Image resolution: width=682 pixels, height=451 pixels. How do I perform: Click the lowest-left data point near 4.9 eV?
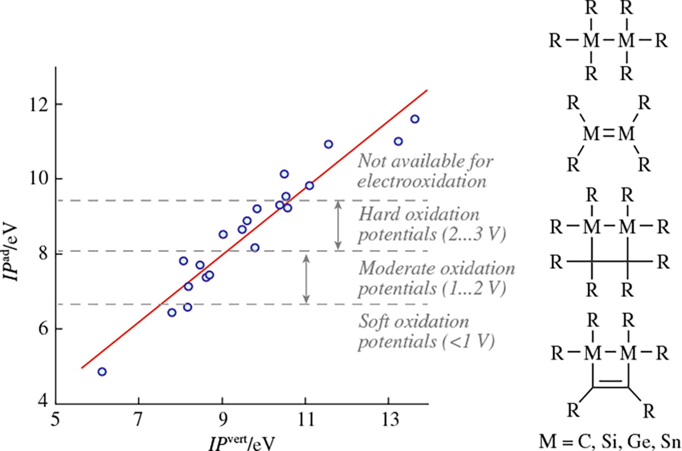coord(102,372)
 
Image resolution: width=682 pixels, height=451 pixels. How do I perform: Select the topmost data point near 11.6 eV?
coord(415,119)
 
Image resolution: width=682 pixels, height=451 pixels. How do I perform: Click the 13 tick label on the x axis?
coord(388,422)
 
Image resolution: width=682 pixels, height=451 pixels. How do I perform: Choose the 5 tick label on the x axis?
coord(55,422)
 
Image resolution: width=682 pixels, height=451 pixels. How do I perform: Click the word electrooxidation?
coord(421,181)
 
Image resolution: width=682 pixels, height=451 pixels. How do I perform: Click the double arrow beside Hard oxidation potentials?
coord(337,225)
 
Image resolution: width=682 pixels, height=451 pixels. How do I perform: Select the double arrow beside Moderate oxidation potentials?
coord(306,278)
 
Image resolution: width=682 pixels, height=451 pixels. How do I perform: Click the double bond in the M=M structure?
coord(609,134)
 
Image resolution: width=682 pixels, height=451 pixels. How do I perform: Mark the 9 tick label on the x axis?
coord(222,422)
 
